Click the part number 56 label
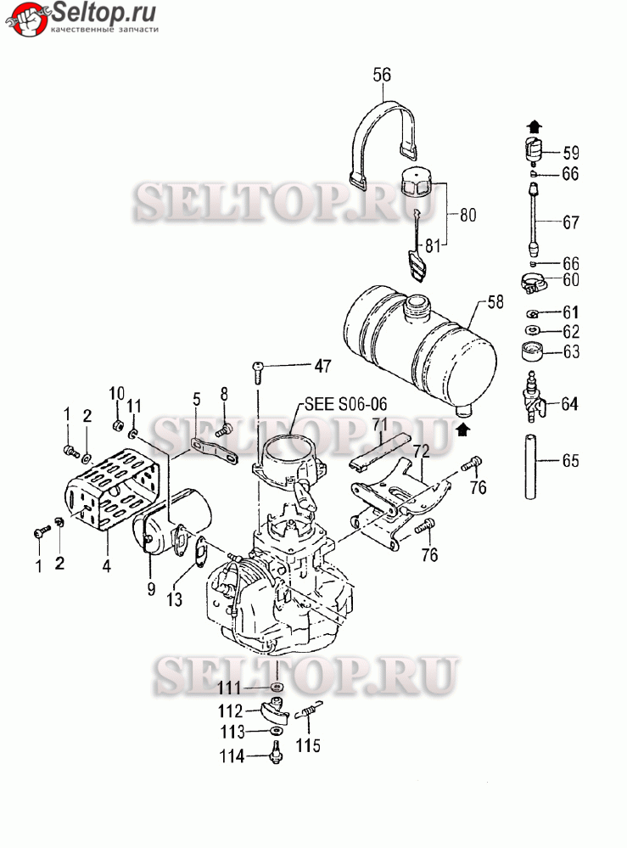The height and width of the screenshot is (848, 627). pyautogui.click(x=382, y=75)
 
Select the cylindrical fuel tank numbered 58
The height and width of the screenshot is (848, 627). pyautogui.click(x=421, y=352)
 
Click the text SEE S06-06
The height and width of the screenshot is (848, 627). pyautogui.click(x=346, y=404)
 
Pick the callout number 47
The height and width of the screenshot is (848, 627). pyautogui.click(x=322, y=366)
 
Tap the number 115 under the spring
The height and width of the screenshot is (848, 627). pyautogui.click(x=308, y=745)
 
